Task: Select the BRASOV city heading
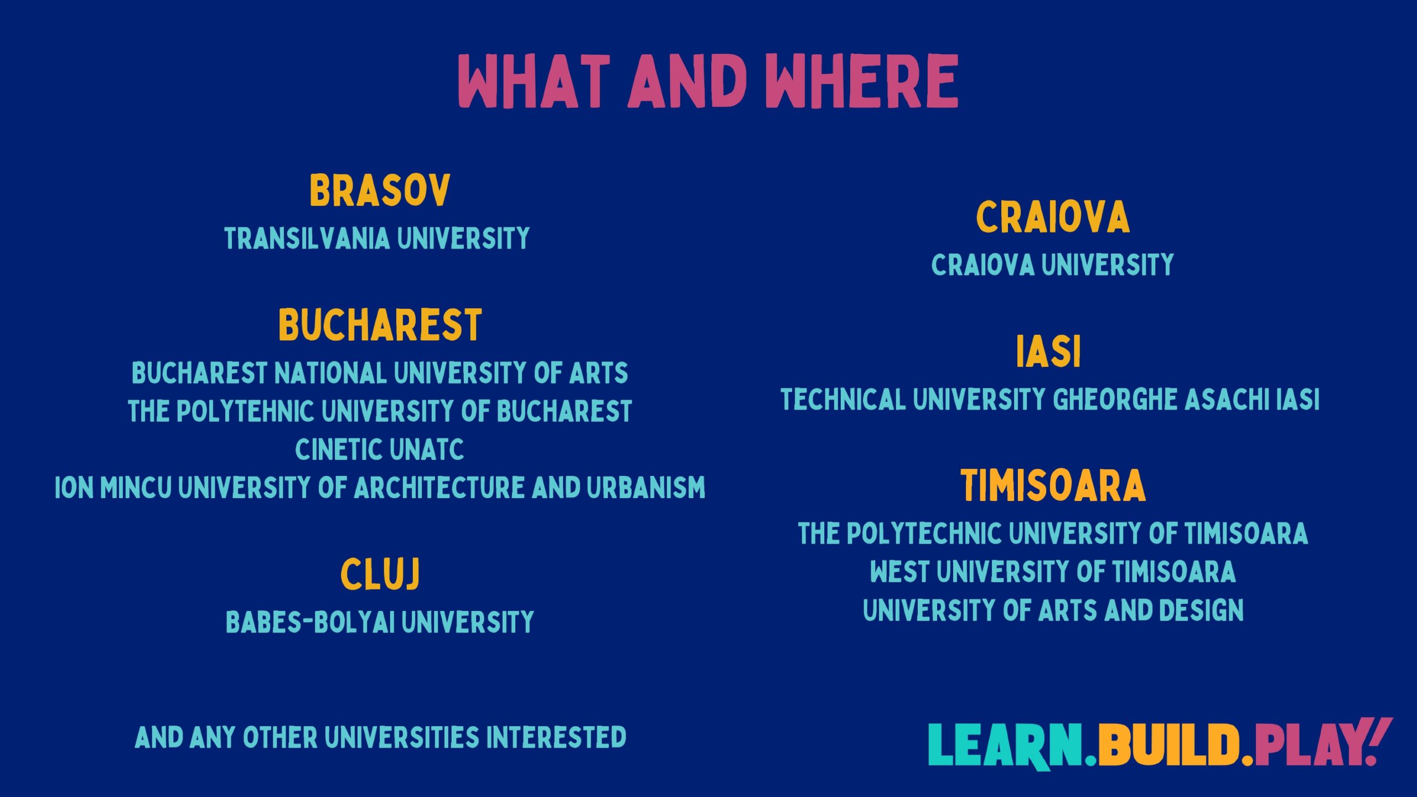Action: pos(380,190)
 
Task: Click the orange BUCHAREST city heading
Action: pos(380,325)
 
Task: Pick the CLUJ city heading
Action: pos(380,574)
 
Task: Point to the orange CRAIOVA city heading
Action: pos(1052,217)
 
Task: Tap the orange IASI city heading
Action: pos(1048,351)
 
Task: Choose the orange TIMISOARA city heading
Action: pos(1053,486)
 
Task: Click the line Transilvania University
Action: pos(377,239)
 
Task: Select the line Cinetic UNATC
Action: pos(380,449)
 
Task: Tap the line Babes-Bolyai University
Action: pos(380,622)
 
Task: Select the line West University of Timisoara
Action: pos(1053,572)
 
